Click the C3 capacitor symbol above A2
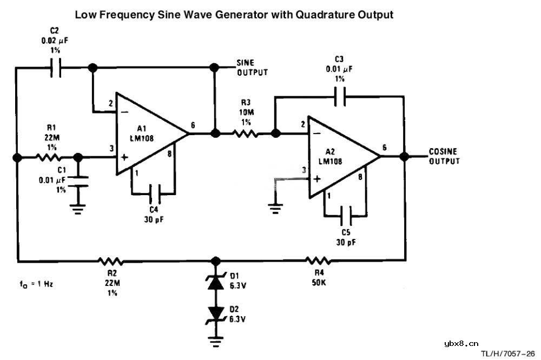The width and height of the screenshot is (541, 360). point(339,98)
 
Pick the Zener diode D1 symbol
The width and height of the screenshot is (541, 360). point(216,283)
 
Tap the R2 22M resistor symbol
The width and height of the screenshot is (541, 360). point(111,261)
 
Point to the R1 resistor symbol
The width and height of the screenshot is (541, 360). point(48,157)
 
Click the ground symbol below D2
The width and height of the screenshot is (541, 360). point(216,341)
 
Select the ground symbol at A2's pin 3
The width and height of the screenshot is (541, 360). point(276,205)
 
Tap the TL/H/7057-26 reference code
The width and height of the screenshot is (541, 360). point(508,354)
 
